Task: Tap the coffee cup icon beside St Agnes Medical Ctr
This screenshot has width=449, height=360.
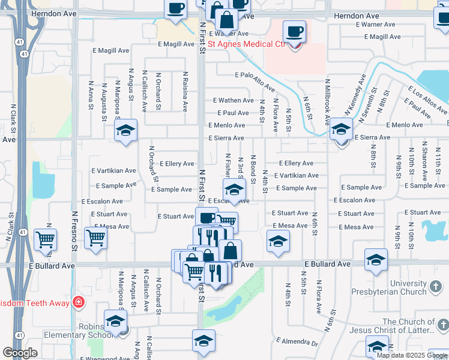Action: click(294, 31)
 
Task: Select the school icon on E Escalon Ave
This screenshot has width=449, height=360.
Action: click(234, 190)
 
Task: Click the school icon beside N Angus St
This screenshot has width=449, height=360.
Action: click(126, 130)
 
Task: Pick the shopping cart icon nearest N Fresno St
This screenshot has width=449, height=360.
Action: click(96, 238)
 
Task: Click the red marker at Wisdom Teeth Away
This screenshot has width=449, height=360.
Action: click(78, 302)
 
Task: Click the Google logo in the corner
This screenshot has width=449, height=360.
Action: click(20, 353)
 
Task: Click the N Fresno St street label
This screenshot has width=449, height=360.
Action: click(75, 231)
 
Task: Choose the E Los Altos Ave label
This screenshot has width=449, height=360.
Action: click(427, 100)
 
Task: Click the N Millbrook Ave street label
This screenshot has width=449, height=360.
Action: click(327, 96)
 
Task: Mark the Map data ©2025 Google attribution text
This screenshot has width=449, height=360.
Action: click(412, 355)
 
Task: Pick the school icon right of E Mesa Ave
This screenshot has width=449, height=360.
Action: click(278, 241)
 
